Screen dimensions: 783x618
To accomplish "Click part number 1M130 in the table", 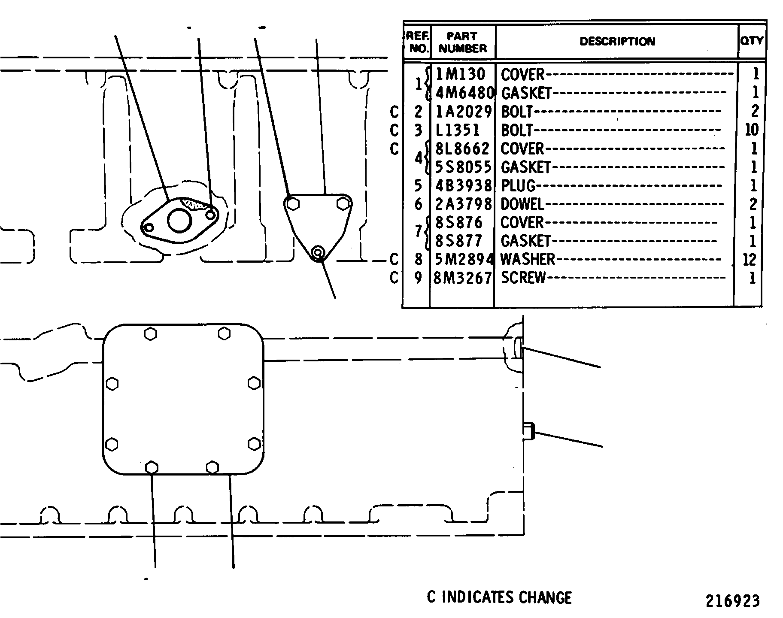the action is click(460, 74).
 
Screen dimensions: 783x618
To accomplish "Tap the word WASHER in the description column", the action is click(528, 259).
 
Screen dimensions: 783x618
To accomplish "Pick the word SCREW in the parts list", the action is click(523, 278).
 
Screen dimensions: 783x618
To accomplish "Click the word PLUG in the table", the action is click(518, 185).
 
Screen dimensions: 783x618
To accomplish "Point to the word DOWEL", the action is click(522, 204).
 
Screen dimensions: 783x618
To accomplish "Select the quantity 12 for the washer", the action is click(749, 260).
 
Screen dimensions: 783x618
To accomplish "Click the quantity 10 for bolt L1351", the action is click(752, 130).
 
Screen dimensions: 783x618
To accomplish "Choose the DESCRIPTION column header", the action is click(617, 41).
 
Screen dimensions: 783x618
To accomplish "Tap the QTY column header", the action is click(752, 41).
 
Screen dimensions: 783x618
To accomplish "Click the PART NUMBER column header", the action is click(463, 42).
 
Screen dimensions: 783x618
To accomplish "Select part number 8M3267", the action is click(463, 278).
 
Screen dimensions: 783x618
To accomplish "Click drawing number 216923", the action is click(732, 601).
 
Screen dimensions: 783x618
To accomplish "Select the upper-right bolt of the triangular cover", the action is click(343, 203).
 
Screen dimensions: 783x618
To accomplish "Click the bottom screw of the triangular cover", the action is click(318, 253).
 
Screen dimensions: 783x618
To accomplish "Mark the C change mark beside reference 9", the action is click(394, 278).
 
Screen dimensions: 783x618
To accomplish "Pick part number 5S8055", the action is click(463, 167).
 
